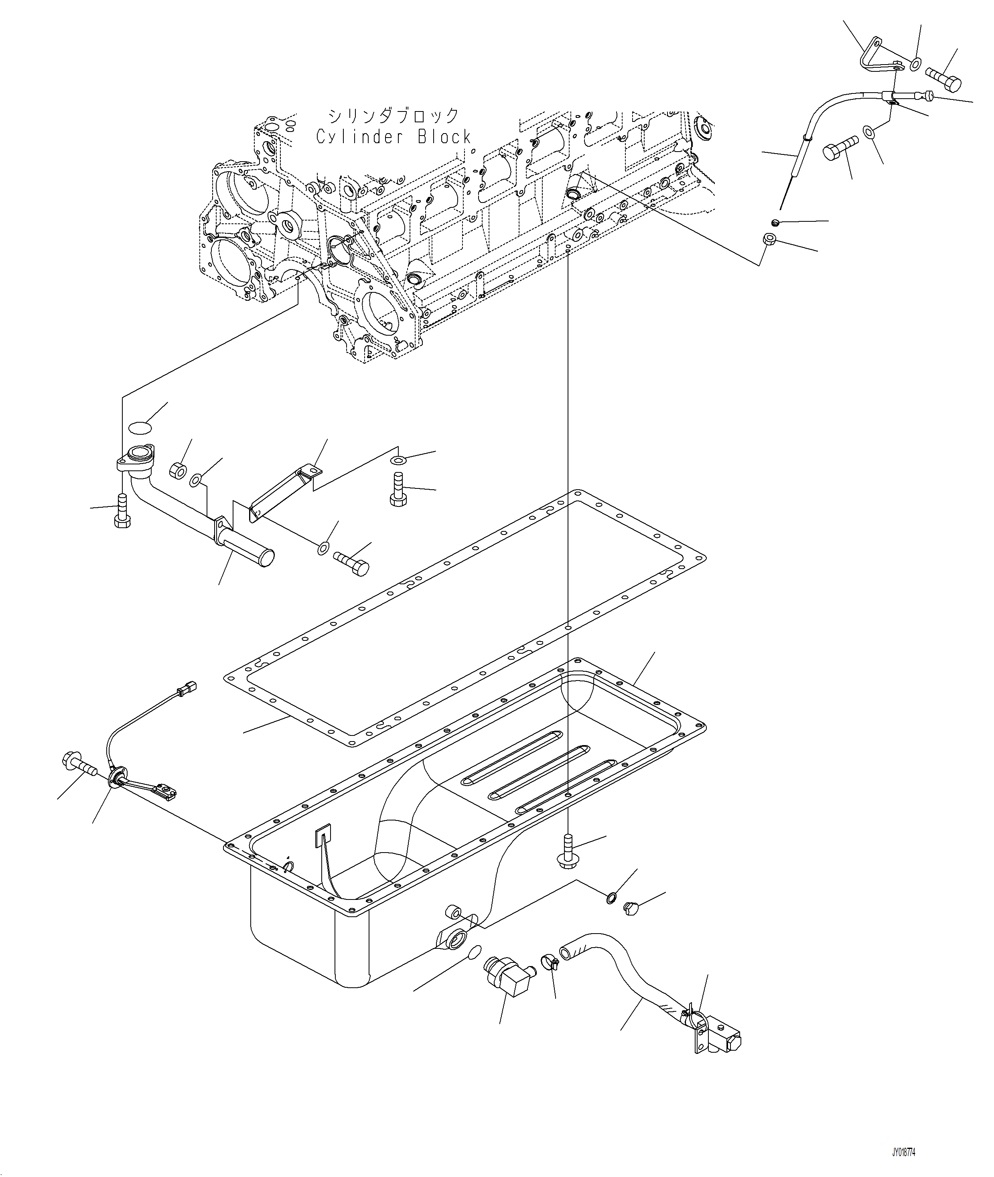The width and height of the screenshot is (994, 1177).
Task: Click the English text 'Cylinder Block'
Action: (x=394, y=137)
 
